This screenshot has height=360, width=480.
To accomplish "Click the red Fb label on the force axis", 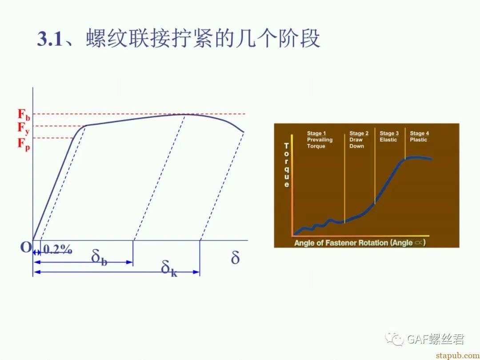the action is pyautogui.click(x=24, y=115).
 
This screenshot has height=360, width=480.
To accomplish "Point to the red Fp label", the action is pyautogui.click(x=24, y=144).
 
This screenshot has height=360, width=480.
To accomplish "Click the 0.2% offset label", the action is pyautogui.click(x=58, y=250).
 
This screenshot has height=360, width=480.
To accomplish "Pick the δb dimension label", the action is pyautogui.click(x=100, y=258).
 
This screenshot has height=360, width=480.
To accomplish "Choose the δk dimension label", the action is pyautogui.click(x=169, y=269).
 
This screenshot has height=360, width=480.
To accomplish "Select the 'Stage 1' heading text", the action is pyautogui.click(x=316, y=133).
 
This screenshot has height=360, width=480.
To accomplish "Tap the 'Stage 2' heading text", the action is pyautogui.click(x=359, y=133).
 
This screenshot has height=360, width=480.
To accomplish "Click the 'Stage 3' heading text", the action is pyautogui.click(x=389, y=133).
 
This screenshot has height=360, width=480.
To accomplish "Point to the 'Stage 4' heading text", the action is pyautogui.click(x=420, y=133).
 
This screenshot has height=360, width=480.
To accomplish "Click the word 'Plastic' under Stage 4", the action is pyautogui.click(x=419, y=140).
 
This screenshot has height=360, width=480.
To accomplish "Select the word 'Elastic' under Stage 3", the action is pyautogui.click(x=388, y=140).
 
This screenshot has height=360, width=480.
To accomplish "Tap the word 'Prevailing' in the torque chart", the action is pyautogui.click(x=320, y=140).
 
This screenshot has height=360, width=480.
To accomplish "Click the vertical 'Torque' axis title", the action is pyautogui.click(x=287, y=165).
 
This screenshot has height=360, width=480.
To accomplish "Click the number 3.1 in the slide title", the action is pyautogui.click(x=50, y=39).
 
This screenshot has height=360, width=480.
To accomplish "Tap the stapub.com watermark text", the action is pyautogui.click(x=458, y=355).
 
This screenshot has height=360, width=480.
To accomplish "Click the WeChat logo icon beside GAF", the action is pyautogui.click(x=394, y=339).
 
